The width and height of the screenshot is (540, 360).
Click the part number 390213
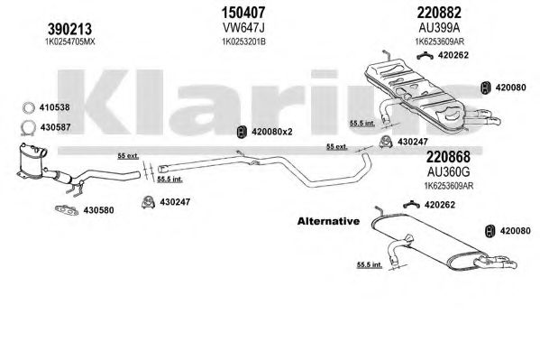coord(70,29)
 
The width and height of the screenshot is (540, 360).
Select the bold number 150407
coord(243,13)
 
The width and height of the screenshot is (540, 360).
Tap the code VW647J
coord(243,27)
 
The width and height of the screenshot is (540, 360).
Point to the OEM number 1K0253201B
coord(243,42)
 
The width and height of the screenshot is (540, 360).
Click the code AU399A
coord(439,27)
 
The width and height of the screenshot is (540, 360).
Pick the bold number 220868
coord(448,157)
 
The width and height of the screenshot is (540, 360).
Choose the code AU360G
coord(448,171)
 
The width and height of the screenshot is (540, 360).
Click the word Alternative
coord(328,221)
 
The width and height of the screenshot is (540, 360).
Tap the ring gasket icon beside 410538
coord(29,107)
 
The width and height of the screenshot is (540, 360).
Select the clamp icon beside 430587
coord(29,127)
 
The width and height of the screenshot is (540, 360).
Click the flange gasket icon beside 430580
coord(67,209)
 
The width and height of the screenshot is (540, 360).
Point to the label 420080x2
coord(272,132)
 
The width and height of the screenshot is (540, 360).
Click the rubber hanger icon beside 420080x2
coord(243,132)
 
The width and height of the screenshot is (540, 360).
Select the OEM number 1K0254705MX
coord(70,42)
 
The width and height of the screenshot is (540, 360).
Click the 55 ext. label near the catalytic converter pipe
coord(128,156)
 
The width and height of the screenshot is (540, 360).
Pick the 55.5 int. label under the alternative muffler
coord(370,265)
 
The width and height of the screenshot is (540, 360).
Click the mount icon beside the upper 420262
coord(425,56)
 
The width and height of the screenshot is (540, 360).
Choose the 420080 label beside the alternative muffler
coord(515,231)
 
